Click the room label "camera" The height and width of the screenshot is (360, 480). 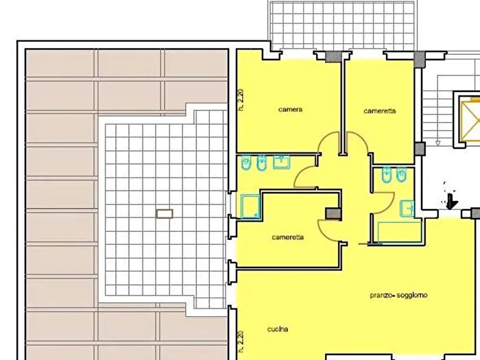point(291,109)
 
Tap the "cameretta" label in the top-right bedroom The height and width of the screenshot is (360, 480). point(380,111)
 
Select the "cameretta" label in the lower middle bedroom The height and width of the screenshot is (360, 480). point(288,237)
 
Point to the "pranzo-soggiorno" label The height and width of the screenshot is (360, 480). point(398,296)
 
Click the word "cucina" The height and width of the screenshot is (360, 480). point(278,329)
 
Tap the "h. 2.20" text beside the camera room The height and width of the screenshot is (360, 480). point(241,99)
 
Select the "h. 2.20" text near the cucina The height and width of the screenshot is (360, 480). point(241,341)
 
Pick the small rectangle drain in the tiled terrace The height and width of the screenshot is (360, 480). point(165,214)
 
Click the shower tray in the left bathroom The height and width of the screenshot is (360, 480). point(250,206)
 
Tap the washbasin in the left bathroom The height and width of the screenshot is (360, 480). point(281,162)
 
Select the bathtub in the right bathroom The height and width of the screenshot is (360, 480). point(400,232)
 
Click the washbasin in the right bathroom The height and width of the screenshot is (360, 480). point(407,208)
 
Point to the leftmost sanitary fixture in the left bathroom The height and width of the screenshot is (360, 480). point(245,163)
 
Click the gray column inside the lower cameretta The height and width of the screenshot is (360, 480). point(333,214)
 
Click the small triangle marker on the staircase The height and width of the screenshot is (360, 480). point(437,143)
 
